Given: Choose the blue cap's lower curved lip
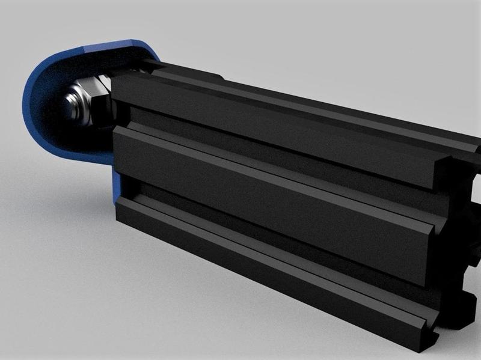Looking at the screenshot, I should (x=72, y=150).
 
